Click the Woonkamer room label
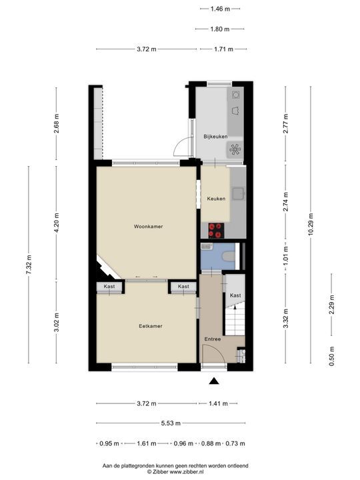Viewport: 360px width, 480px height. tap(148, 227)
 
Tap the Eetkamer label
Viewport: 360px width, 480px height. tap(150, 326)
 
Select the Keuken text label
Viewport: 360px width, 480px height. tap(215, 199)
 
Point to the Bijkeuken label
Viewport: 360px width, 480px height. tap(215, 137)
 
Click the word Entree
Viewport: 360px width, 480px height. tap(212, 339)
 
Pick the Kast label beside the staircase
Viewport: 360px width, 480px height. tap(235, 295)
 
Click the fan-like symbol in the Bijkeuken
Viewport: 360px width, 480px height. tap(235, 149)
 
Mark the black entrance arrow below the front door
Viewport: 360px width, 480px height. tap(214, 381)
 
